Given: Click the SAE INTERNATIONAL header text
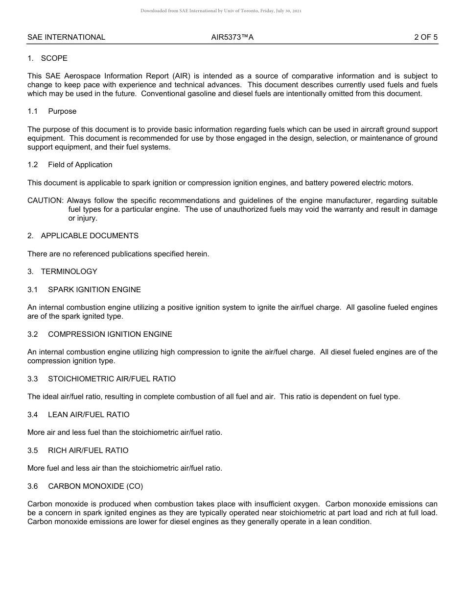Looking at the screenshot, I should (x=66, y=37).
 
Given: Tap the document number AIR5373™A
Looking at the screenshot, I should (x=232, y=37).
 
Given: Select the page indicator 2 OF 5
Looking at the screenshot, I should (x=425, y=37).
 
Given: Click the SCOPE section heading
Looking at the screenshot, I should (x=54, y=58).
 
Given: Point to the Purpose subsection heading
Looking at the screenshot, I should (x=62, y=111).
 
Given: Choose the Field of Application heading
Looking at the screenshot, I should (x=80, y=165).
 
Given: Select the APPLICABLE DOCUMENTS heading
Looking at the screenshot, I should (x=90, y=236).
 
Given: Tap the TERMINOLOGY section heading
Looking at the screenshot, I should (x=69, y=272).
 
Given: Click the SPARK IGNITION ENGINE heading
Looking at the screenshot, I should (x=94, y=290).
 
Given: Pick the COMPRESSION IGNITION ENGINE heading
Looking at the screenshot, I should (x=110, y=334).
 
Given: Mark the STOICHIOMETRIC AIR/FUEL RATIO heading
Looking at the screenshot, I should (x=112, y=379).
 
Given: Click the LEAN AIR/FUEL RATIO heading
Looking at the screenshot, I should (x=89, y=415).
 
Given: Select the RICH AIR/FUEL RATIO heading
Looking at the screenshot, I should (x=88, y=451).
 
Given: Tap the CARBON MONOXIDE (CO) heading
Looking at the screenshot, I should (x=95, y=486).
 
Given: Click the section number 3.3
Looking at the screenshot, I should (x=32, y=379).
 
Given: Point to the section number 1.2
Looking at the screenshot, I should (x=32, y=165).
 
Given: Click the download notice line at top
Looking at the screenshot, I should (x=221, y=10).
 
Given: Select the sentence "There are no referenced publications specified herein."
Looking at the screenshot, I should (x=118, y=254).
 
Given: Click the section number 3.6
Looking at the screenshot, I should (x=32, y=486).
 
